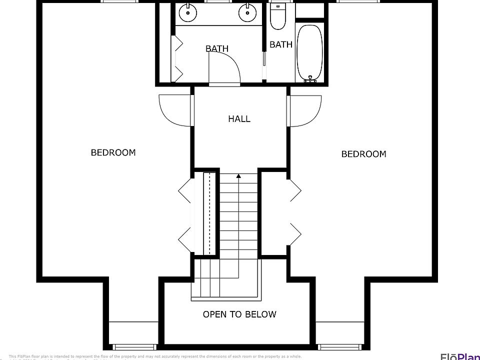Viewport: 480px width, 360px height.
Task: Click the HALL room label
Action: [239, 119]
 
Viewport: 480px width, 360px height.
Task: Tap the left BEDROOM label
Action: [113, 152]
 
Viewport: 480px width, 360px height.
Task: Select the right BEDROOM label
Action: [363, 154]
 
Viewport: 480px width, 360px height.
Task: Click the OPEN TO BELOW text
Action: [239, 314]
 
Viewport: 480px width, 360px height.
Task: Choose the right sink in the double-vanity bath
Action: [246, 12]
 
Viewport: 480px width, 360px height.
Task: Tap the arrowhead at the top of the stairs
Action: [239, 176]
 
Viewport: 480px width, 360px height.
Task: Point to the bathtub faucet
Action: [311, 79]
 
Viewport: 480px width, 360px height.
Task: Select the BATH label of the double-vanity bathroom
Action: [217, 48]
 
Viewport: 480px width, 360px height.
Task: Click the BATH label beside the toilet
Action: [281, 44]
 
